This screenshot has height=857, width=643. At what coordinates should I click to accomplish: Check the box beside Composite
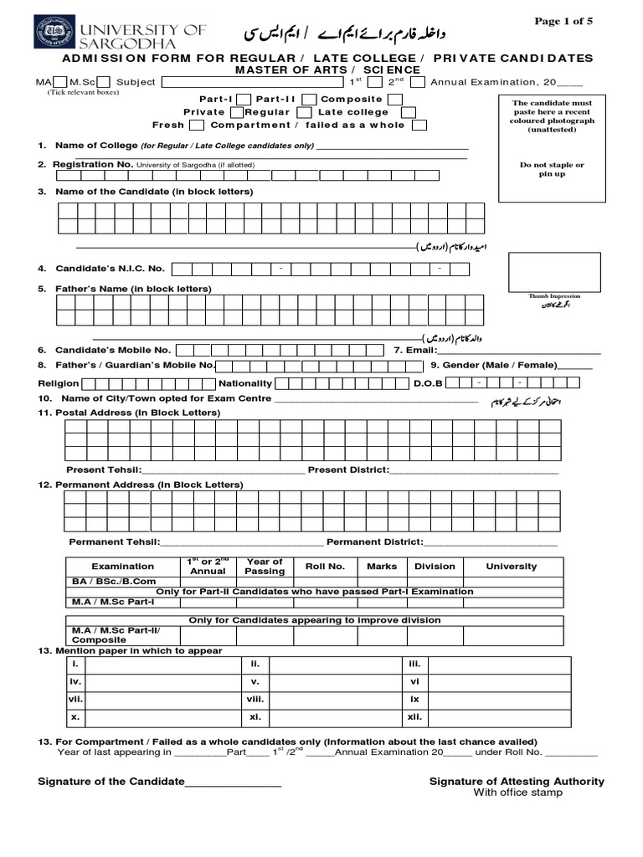click(x=394, y=100)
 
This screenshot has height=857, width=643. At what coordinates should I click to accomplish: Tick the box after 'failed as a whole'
click(x=419, y=126)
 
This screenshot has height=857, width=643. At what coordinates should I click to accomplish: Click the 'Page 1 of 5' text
click(x=563, y=22)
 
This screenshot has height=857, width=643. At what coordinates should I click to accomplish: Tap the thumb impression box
click(x=553, y=272)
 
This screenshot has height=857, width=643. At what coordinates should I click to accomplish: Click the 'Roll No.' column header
click(x=325, y=567)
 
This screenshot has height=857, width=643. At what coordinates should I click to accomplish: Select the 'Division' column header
click(x=435, y=567)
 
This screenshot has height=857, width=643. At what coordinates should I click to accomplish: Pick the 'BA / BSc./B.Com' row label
click(x=114, y=581)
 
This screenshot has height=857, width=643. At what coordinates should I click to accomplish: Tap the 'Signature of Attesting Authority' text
click(x=517, y=781)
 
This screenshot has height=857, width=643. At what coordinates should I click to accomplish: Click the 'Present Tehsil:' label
click(x=104, y=470)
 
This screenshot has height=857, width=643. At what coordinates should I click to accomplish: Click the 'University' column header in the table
click(x=511, y=567)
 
